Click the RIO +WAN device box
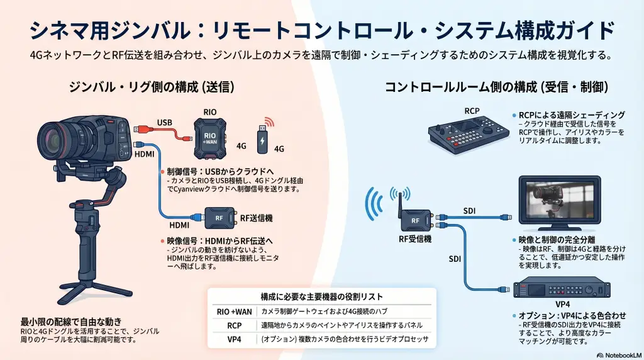coord(209,137)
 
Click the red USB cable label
coord(164,122)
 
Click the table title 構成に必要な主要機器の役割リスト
coord(321,296)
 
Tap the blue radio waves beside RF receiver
coord(375,208)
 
